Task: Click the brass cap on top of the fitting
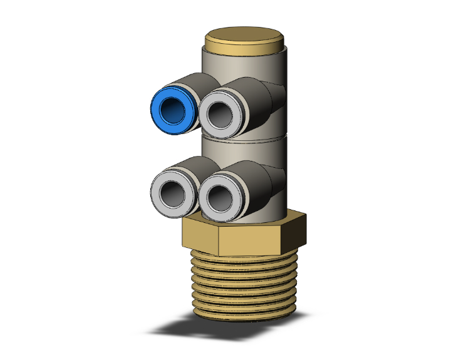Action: coord(245,39)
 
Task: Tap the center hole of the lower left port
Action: coord(171,190)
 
